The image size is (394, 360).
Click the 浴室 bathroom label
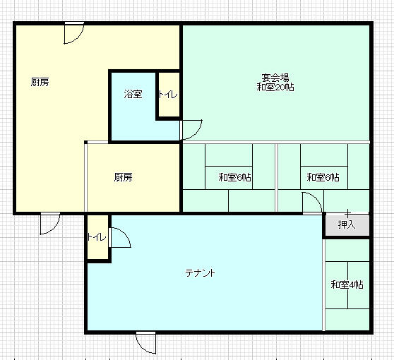click(133, 94)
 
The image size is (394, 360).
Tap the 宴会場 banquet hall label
click(275, 77)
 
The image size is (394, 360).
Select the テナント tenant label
click(200, 272)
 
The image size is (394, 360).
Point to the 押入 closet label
click(347, 224)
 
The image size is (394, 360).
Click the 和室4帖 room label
click(347, 285)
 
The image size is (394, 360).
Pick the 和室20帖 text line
click(275, 87)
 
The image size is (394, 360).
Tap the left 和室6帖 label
click(234, 177)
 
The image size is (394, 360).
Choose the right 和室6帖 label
click(323, 177)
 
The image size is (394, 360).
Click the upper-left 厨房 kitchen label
click(40, 82)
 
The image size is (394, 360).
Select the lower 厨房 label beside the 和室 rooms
click(123, 177)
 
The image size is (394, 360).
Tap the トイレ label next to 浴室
click(168, 95)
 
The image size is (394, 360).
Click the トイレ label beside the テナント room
click(97, 237)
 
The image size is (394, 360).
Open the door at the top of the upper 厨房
click(74, 33)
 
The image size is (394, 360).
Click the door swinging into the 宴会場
click(191, 130)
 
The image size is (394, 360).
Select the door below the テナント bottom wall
click(145, 342)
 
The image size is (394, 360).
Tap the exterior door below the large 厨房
click(50, 223)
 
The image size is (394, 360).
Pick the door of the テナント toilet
click(119, 237)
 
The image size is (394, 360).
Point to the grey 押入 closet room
click(347, 224)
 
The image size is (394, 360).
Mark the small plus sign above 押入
click(348, 214)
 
